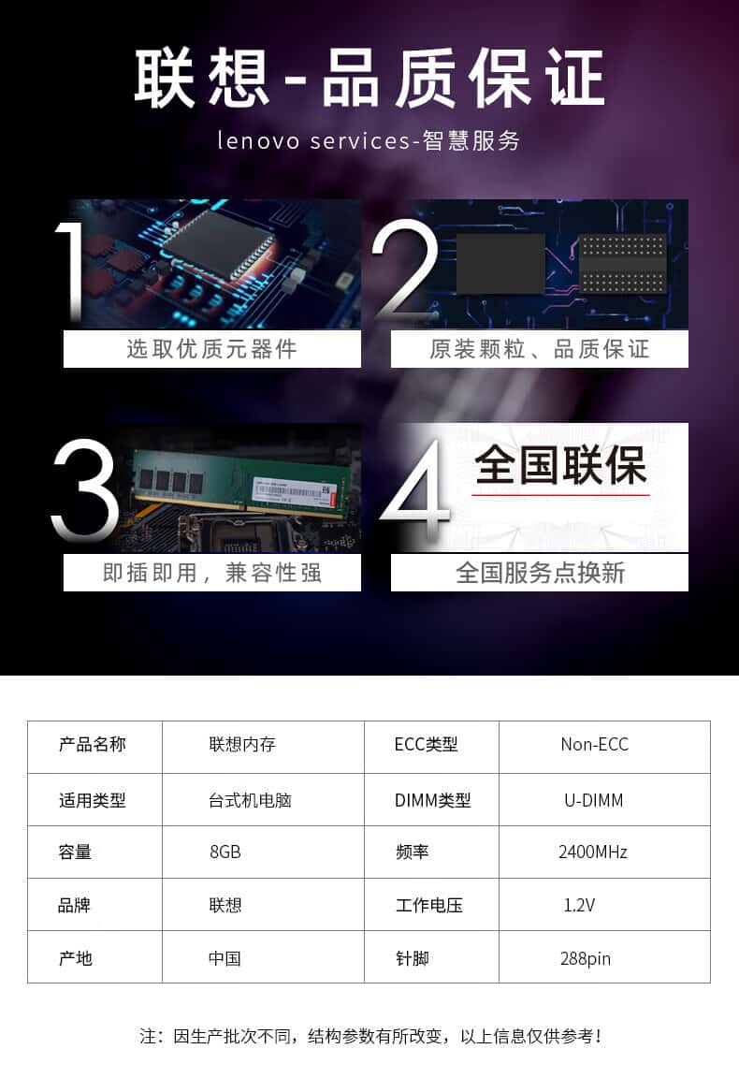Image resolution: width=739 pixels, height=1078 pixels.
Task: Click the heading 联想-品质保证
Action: point(369,79)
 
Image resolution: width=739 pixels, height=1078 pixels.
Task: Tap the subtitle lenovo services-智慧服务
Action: point(369,140)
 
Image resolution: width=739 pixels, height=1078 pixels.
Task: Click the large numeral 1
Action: point(71,272)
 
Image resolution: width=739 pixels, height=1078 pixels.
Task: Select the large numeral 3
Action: point(84,488)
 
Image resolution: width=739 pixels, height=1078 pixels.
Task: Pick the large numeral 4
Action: point(415,488)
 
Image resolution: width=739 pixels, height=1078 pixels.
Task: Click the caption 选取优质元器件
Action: point(211,349)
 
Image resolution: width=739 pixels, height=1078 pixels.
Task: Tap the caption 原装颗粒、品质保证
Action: point(540,349)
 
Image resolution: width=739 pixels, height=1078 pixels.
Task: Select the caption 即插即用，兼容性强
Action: point(211,573)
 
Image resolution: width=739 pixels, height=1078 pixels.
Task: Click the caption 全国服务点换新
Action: point(540,573)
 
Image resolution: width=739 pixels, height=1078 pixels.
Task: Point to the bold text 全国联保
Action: point(560,465)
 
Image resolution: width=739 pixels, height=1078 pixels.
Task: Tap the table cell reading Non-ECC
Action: point(595,745)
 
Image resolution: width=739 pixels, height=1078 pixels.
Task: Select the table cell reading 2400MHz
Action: point(592,852)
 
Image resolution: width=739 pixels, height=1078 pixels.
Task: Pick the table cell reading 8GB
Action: point(225,852)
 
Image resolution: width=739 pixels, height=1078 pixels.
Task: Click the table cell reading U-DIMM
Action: point(593,800)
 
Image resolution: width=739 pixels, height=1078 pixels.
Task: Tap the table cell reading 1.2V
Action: point(579,906)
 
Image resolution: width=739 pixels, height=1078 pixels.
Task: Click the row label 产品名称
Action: point(92,745)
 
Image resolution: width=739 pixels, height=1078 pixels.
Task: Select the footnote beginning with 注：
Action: point(370,1036)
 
